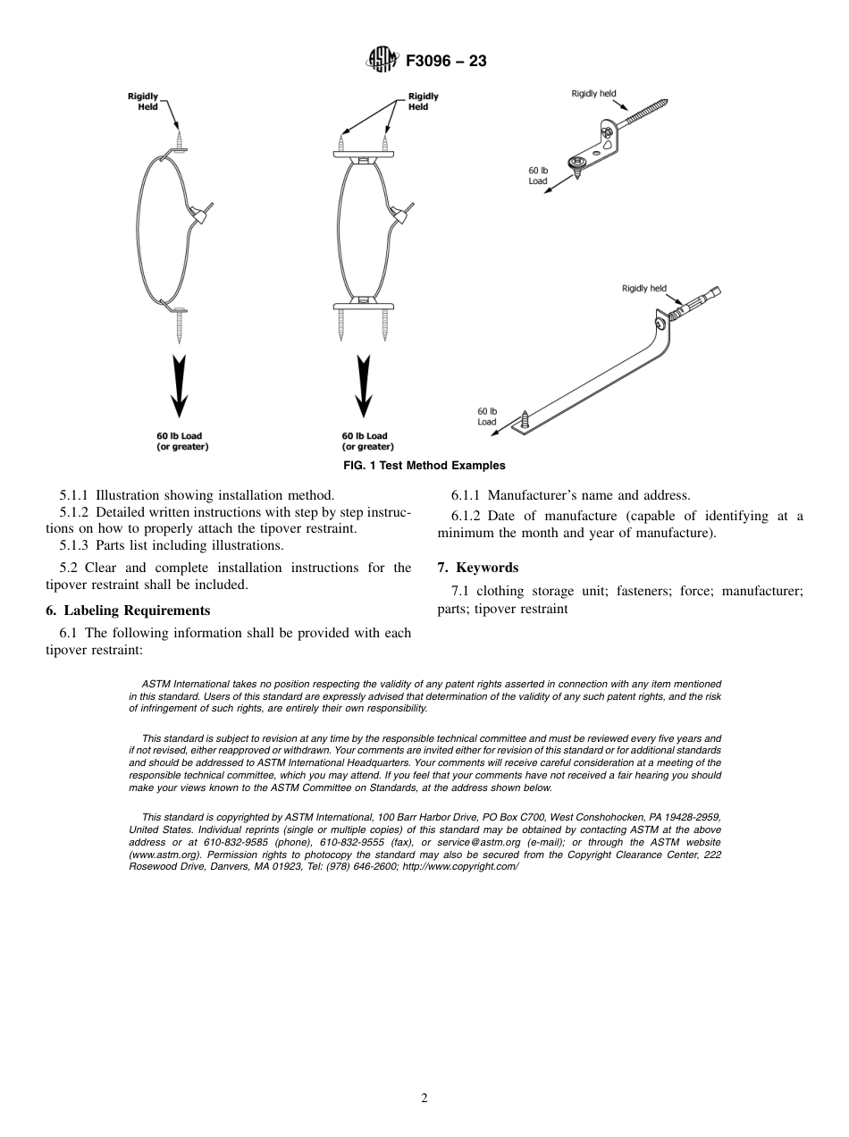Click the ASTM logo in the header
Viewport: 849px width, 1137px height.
pos(381,61)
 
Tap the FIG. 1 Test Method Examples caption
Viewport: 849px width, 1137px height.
pos(424,465)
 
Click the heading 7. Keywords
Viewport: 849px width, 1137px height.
pos(477,568)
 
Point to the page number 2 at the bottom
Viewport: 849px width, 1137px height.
pos(424,1098)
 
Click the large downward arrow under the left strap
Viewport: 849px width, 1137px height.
pos(180,385)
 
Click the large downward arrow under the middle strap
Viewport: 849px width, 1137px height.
pos(363,385)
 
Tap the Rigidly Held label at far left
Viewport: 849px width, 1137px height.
pos(143,101)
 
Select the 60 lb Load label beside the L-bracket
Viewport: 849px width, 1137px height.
pos(539,175)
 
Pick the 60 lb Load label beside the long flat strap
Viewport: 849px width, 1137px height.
pos(487,417)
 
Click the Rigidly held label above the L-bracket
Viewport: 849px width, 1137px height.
pos(593,94)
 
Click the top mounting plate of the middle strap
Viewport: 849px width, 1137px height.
pos(363,156)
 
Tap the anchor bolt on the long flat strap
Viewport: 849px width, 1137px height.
pos(693,305)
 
